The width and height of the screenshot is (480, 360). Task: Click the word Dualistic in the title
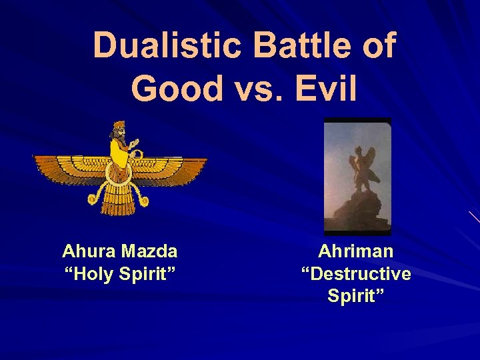pos(171,46)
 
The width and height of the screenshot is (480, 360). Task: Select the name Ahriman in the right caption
pos(356,251)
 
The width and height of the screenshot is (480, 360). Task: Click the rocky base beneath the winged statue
pos(357,210)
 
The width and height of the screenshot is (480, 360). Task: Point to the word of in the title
pos(378,46)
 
